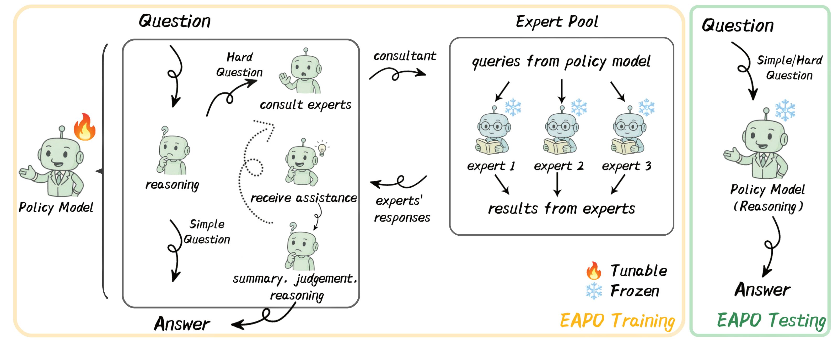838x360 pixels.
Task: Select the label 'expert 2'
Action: click(x=558, y=166)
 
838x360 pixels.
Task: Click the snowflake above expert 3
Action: click(x=646, y=107)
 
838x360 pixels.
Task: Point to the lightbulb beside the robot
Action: click(x=322, y=149)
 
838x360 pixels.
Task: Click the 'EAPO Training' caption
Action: click(x=617, y=321)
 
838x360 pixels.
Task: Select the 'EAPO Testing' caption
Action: click(x=771, y=321)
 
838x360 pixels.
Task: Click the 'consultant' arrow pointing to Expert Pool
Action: click(x=397, y=73)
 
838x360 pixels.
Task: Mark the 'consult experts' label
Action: click(x=305, y=105)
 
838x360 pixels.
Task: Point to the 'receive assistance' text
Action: click(x=303, y=198)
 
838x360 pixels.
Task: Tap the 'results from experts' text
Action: click(x=561, y=209)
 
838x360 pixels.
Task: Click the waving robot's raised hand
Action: click(x=285, y=79)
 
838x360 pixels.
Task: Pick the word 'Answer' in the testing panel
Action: click(x=762, y=290)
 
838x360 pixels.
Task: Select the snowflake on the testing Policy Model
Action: click(x=785, y=110)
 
